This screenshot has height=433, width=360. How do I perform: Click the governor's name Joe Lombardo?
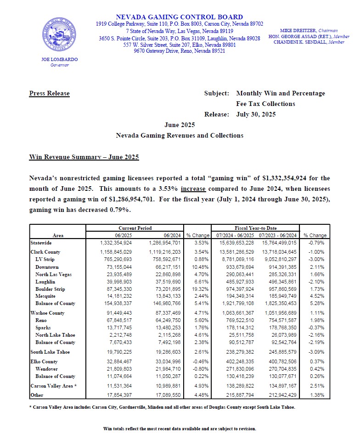pos(59,60)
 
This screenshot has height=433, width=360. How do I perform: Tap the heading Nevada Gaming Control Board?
pos(180,17)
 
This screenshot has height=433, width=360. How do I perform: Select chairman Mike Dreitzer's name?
pos(296,30)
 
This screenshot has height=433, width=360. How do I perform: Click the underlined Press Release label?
pos(49,94)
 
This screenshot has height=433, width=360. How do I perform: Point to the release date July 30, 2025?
pos(256,114)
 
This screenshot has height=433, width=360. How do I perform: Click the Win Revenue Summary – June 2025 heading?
pos(84,157)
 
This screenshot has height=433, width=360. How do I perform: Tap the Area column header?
pos(58,235)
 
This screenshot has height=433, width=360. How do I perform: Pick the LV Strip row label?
pos(45,260)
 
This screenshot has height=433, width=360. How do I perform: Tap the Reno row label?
pos(42,320)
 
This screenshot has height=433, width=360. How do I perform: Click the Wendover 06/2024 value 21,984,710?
pos(164,369)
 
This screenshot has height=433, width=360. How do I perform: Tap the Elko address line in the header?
pos(180,45)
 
